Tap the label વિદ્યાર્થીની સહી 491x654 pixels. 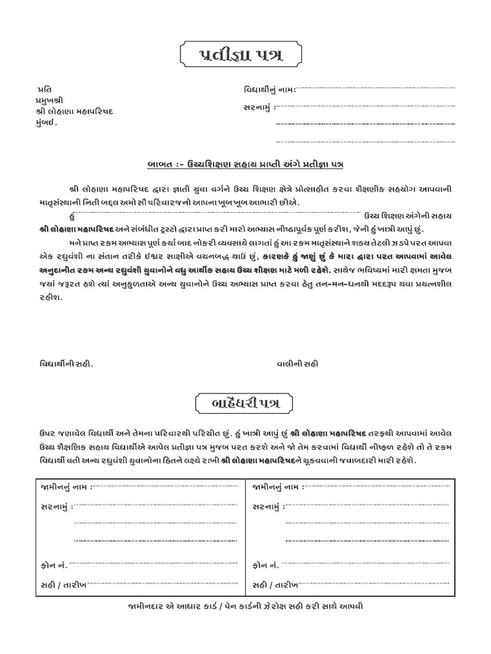[64, 363]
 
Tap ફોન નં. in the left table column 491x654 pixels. [53, 565]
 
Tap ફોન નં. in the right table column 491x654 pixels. [265, 565]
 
